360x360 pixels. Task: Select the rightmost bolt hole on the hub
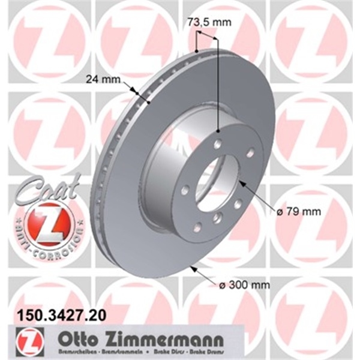pyautogui.click(x=250, y=152)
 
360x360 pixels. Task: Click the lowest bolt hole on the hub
pyautogui.click(x=197, y=226)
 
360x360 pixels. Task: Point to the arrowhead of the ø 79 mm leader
pyautogui.click(x=241, y=181)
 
